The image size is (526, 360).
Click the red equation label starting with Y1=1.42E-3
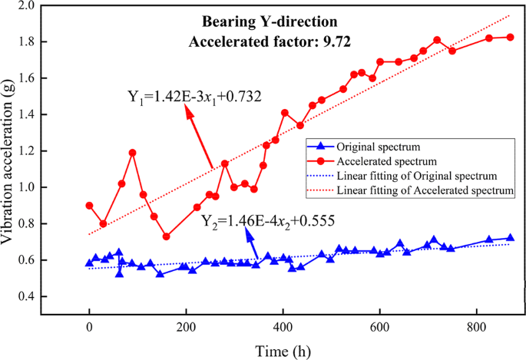(195, 97)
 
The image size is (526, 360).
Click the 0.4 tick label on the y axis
(48, 296)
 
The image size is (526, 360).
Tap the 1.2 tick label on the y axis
(48, 151)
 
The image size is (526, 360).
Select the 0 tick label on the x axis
(90, 327)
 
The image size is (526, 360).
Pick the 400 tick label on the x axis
(283, 327)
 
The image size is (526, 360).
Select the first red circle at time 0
(90, 205)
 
